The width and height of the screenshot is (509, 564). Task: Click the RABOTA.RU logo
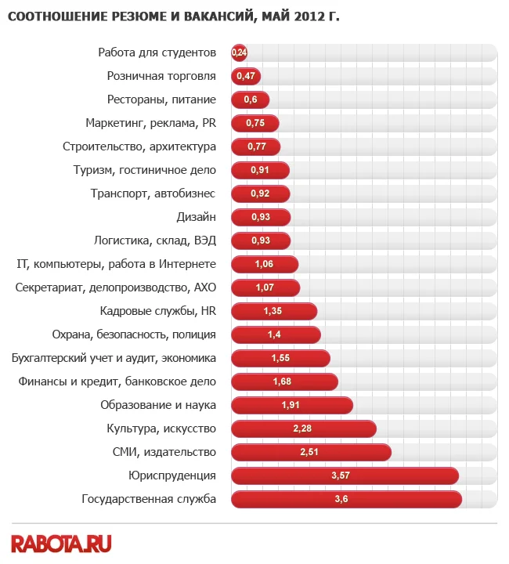tap(61, 543)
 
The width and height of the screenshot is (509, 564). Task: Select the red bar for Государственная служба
tap(346, 500)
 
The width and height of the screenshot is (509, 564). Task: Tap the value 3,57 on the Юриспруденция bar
tap(341, 476)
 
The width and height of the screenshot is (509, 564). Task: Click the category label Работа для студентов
tap(157, 53)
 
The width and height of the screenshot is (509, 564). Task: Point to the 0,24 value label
tap(240, 53)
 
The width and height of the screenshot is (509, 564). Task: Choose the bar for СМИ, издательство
tap(311, 453)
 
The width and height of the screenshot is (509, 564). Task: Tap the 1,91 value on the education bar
tap(291, 406)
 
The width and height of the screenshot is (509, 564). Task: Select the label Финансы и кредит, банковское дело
tap(117, 382)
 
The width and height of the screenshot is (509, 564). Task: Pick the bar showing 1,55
tap(280, 359)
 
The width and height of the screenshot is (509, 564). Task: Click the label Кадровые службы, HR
tap(157, 312)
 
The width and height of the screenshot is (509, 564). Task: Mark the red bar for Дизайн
tap(261, 217)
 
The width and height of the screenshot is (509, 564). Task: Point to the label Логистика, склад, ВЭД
tap(154, 241)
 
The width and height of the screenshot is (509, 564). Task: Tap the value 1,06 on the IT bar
tap(265, 265)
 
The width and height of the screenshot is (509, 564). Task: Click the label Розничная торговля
tap(161, 77)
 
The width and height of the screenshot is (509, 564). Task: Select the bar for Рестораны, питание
tap(251, 100)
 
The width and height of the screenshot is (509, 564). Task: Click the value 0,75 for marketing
tap(255, 124)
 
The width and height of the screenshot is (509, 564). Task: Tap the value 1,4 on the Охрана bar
tap(274, 335)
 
